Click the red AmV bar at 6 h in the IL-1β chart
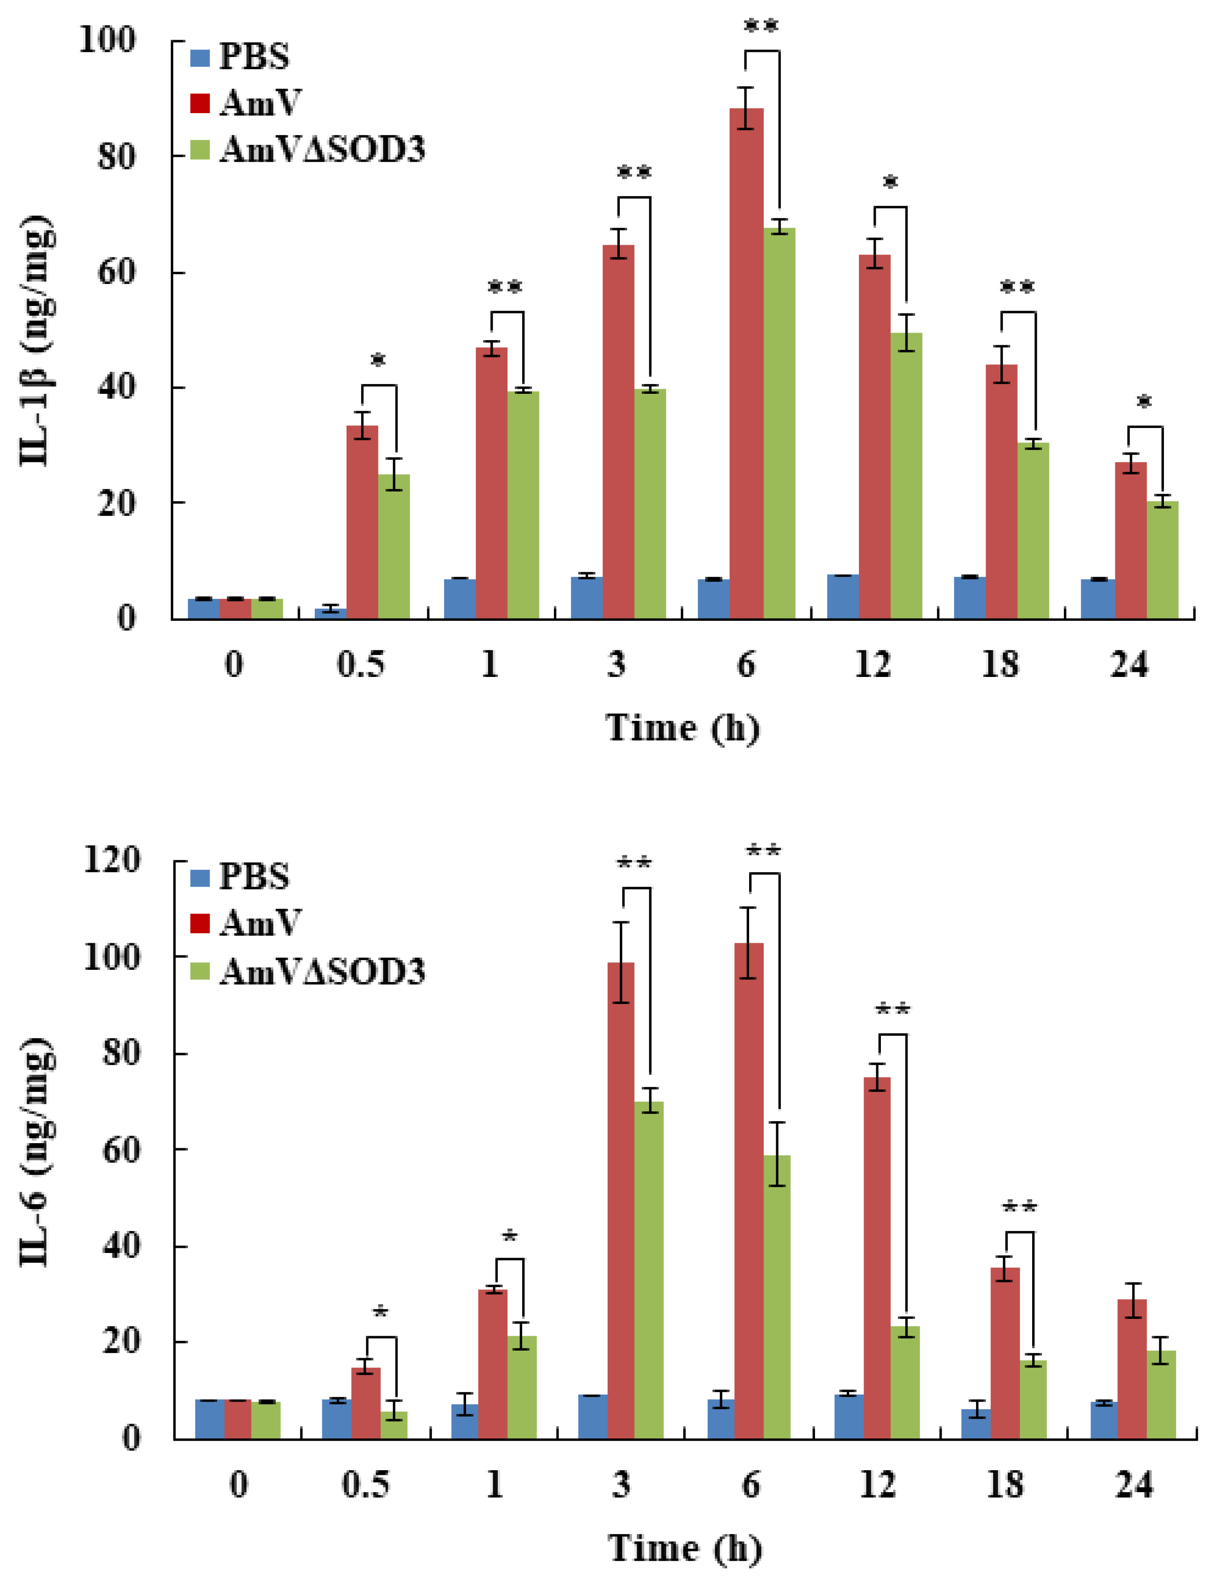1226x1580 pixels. (746, 362)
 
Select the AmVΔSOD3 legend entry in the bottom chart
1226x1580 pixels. (307, 972)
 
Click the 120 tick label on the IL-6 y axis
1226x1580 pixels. (112, 861)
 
